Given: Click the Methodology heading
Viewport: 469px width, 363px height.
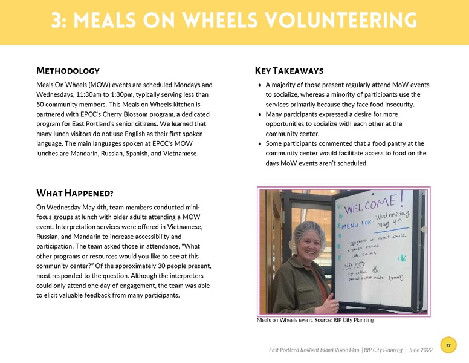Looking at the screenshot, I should click(68, 71).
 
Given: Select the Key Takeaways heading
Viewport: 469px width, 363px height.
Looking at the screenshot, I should click(289, 71).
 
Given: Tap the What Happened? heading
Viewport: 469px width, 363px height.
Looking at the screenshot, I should click(76, 194).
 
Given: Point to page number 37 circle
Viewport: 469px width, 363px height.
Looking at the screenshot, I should click(448, 345).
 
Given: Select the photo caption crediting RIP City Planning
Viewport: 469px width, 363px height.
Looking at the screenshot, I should click(315, 320).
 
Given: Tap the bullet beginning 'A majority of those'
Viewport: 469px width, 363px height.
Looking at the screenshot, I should click(260, 85).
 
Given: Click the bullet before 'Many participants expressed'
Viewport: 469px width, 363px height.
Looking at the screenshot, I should click(260, 114).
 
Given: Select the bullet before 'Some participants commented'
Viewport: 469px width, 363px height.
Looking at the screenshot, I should click(260, 143).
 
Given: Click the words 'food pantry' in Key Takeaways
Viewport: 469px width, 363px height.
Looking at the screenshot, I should click(374, 143).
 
